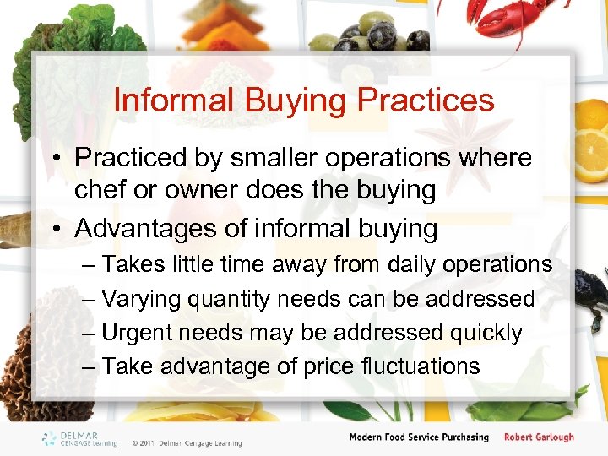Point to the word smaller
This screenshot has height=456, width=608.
pyautogui.click(x=297, y=158)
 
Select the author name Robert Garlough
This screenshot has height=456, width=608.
pyautogui.click(x=539, y=437)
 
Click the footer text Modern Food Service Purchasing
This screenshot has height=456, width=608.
pyautogui.click(x=420, y=437)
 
